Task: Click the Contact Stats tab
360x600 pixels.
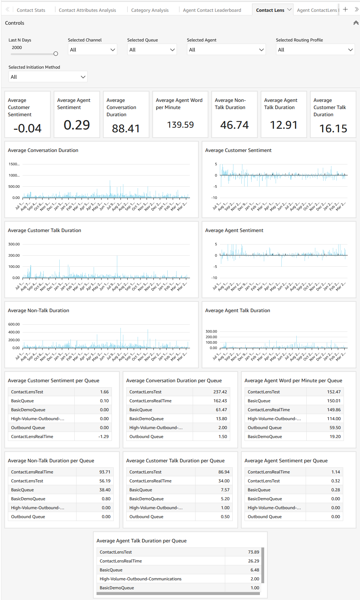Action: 31,10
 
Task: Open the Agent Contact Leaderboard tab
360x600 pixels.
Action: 212,10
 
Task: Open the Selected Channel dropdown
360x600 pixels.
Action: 92,50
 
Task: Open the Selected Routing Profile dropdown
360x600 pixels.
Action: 315,50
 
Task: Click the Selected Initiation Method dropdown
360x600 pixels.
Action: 48,77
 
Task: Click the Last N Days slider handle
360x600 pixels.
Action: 56,54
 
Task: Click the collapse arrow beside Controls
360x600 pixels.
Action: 355,23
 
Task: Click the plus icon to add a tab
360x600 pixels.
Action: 345,10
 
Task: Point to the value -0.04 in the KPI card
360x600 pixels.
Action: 28,128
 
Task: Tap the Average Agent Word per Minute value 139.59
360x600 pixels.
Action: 180,125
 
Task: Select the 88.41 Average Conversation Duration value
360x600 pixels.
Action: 126,128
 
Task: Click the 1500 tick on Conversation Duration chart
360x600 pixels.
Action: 14,164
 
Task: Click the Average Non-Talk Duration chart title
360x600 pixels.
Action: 39,310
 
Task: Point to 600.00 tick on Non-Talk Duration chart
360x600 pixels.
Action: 14,324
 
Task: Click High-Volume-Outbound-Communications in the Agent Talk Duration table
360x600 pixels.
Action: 140,579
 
